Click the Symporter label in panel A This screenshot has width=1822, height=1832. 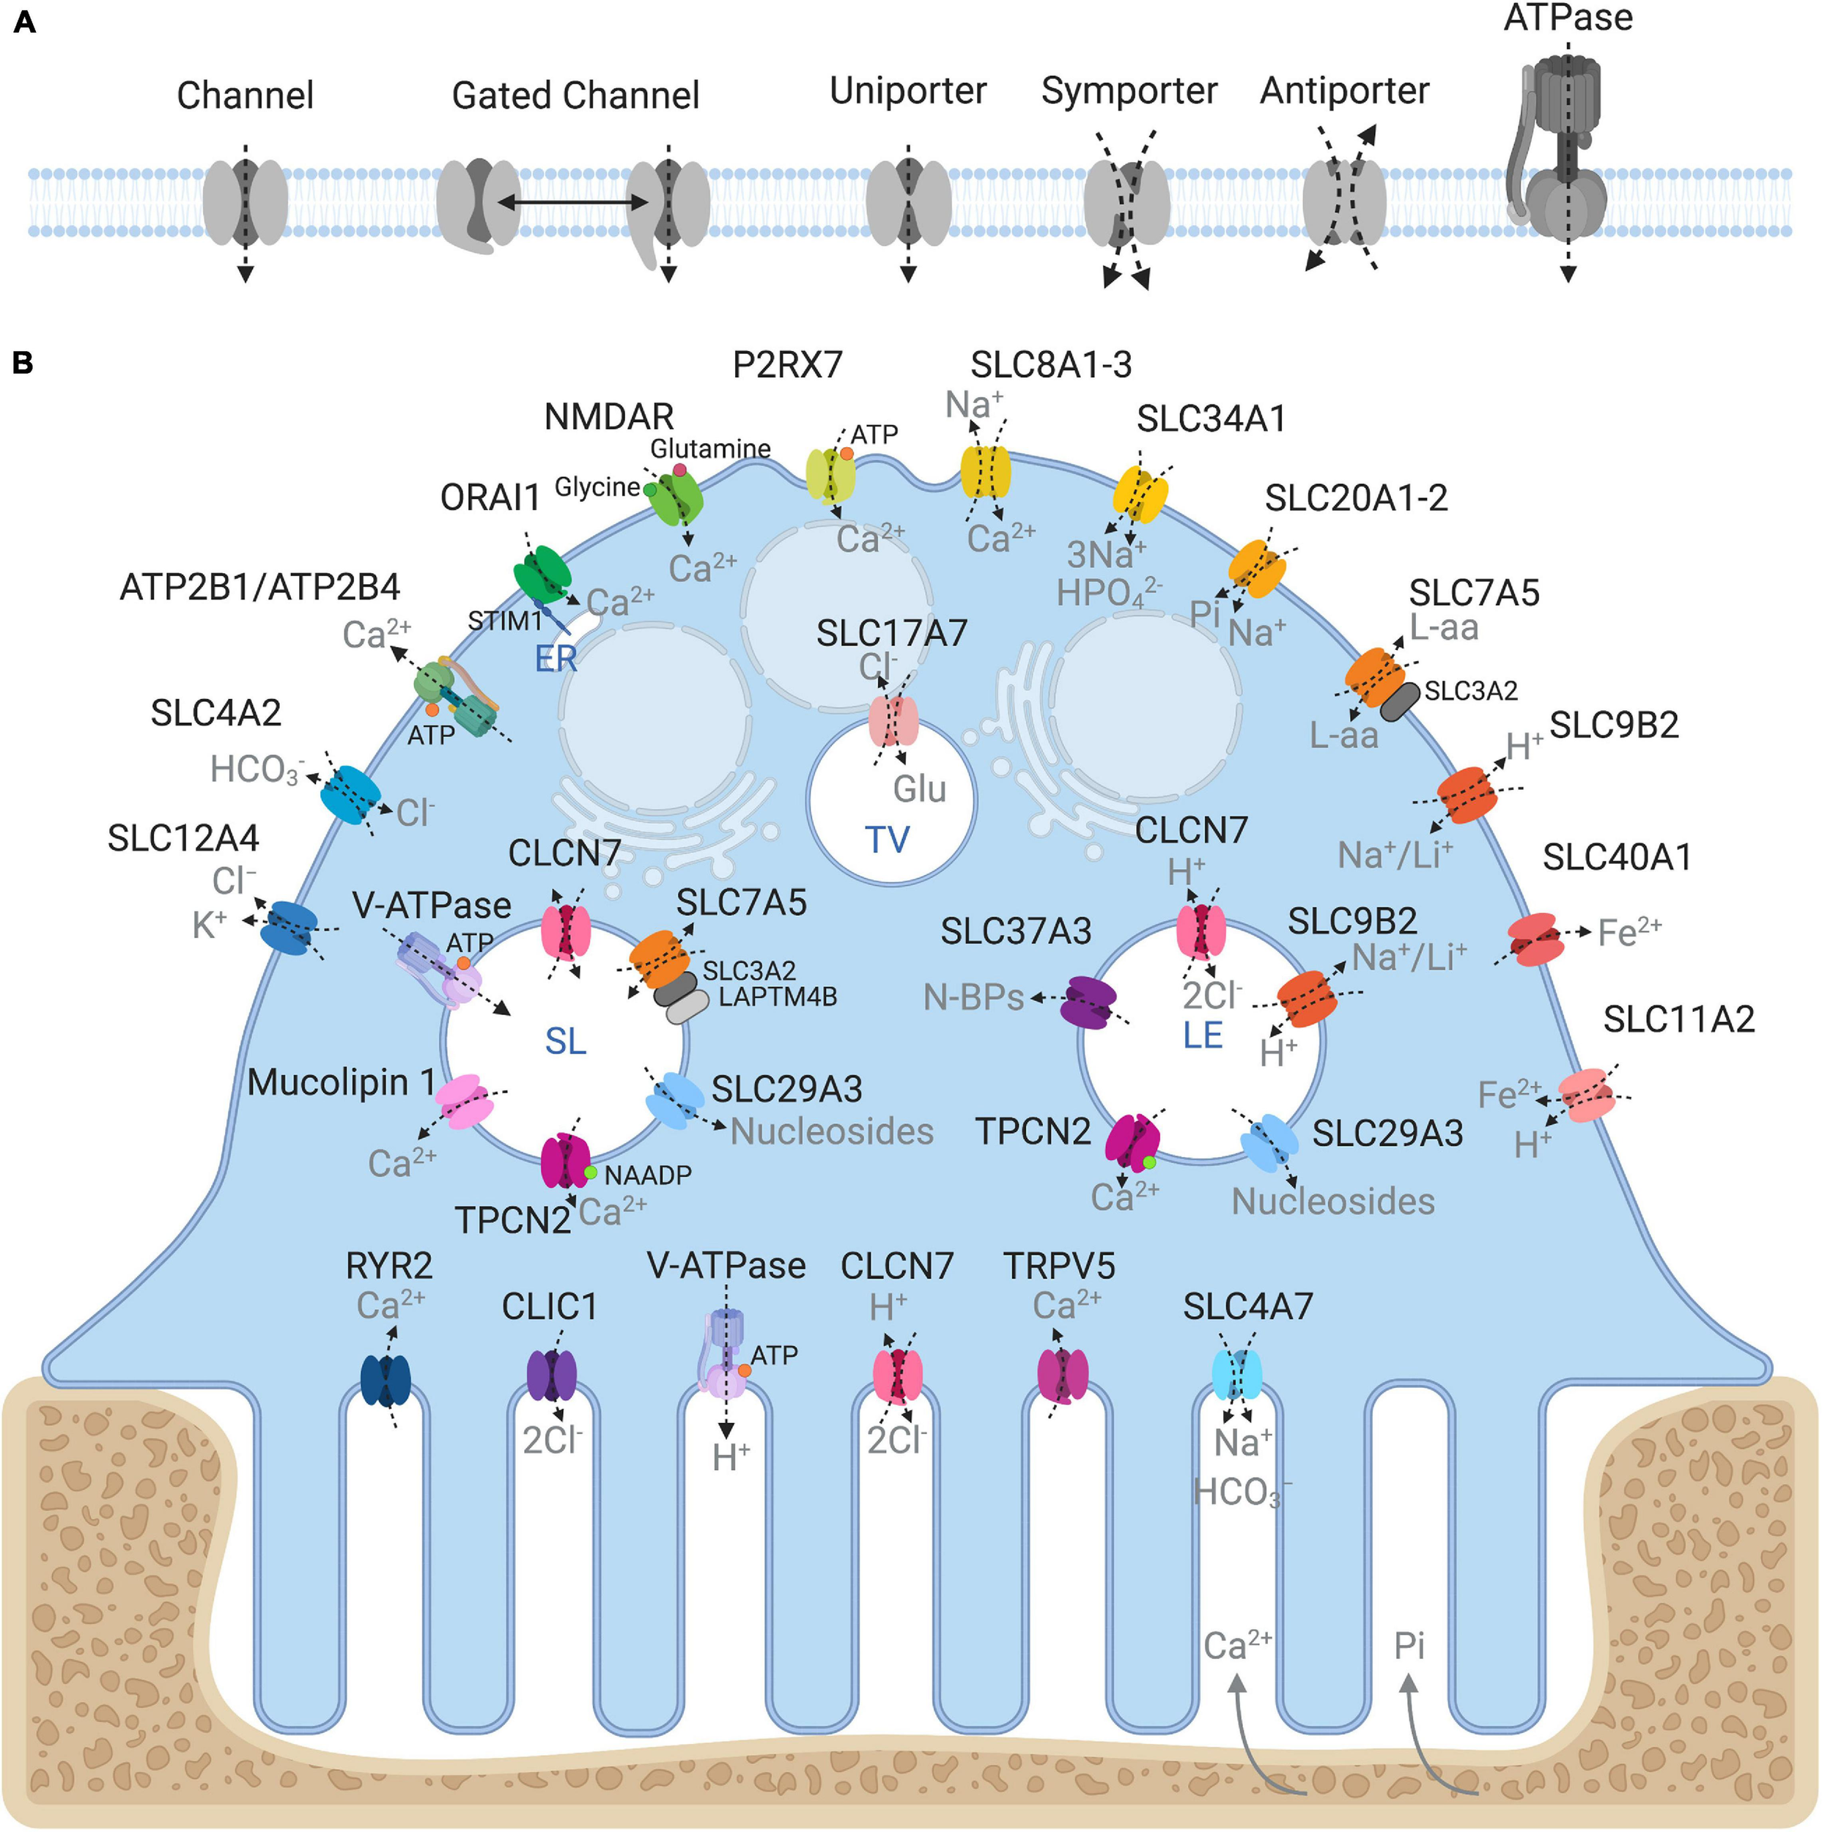pos(1129,91)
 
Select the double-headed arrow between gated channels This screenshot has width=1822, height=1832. pos(573,202)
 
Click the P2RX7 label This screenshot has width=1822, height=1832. pos(787,365)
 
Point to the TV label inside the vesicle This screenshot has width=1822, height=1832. pos(887,840)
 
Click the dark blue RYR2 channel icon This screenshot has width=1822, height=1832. pos(386,1381)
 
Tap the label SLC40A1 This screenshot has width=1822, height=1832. pos(1617,857)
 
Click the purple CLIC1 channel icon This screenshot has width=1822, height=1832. pos(551,1376)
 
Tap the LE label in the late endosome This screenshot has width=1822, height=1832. pos(1203,1035)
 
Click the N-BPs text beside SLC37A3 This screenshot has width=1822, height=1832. pos(973,997)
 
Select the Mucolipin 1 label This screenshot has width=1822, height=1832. pos(341,1082)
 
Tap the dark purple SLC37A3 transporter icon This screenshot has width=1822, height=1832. pos(1087,1002)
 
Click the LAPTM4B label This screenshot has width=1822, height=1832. pos(777,997)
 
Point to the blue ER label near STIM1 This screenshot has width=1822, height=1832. pos(555,658)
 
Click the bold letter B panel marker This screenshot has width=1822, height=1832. pos(23,363)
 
